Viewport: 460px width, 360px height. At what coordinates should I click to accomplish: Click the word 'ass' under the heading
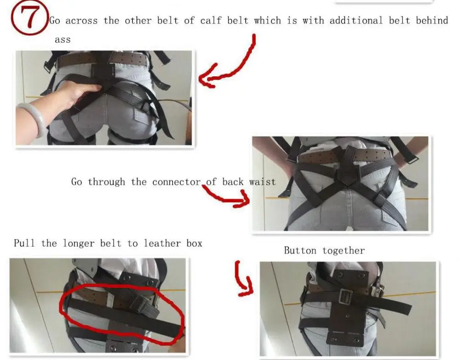(x=63, y=40)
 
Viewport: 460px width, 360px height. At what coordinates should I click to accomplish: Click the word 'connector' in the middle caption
(x=177, y=182)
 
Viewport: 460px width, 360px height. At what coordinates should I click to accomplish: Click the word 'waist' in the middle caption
(x=262, y=182)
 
